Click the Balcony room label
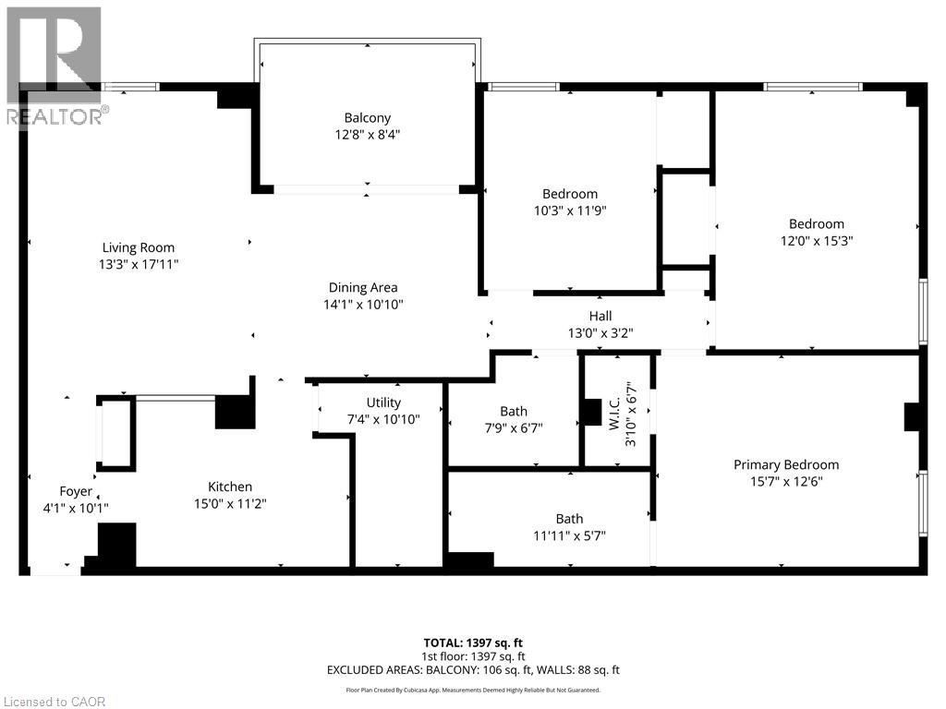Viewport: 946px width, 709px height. click(x=367, y=118)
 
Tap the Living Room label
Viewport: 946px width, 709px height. click(x=139, y=247)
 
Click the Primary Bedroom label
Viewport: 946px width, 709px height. click(x=786, y=464)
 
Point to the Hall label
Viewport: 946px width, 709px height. click(x=600, y=317)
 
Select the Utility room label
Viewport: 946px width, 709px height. click(x=383, y=403)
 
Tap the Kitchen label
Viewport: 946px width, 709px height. click(x=230, y=487)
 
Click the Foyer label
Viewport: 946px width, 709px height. click(x=76, y=491)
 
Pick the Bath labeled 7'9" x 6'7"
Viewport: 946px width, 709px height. click(x=514, y=419)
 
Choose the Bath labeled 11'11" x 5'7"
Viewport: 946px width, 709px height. click(x=569, y=527)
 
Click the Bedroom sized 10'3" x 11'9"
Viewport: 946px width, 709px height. click(x=569, y=202)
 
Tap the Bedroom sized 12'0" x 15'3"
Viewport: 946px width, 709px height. click(x=816, y=232)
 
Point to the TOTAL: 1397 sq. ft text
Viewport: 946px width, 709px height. click(x=472, y=643)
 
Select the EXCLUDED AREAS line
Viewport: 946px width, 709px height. click(x=472, y=669)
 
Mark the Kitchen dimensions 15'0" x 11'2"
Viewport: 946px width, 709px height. click(x=230, y=504)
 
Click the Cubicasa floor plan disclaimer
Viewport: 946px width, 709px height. click(x=472, y=690)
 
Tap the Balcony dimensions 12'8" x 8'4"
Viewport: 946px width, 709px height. click(x=367, y=135)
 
